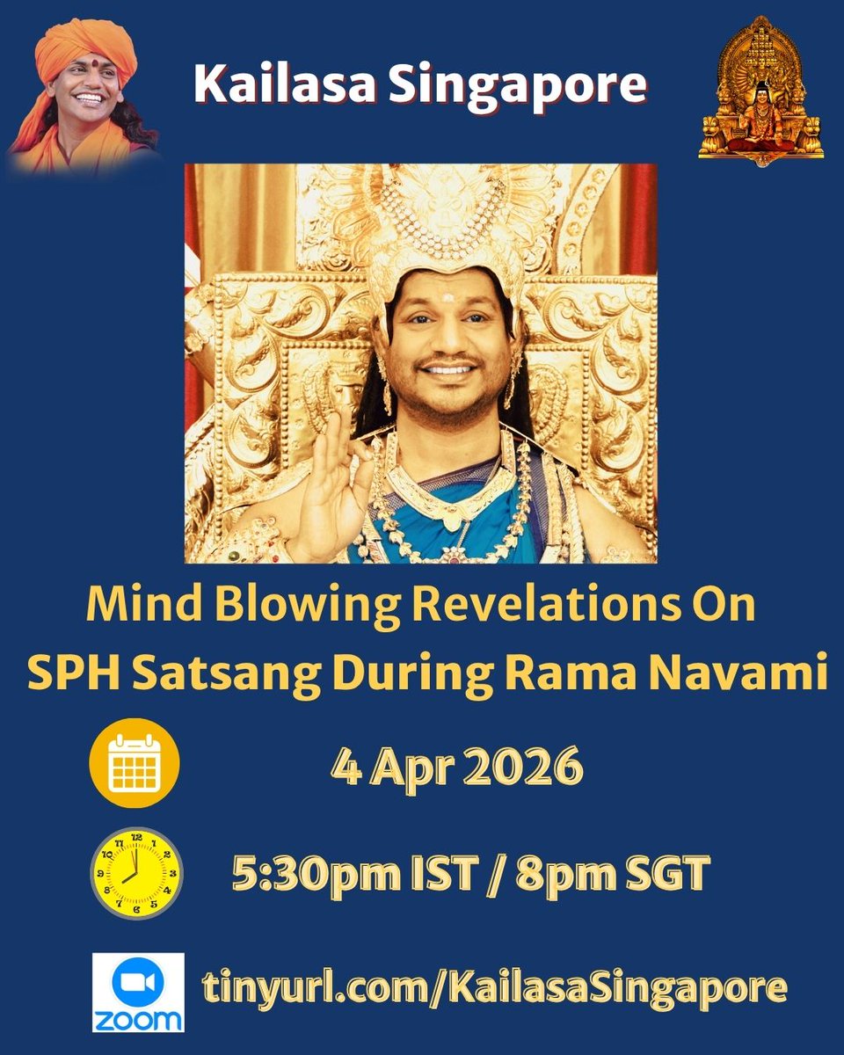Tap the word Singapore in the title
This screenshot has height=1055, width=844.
coord(520,85)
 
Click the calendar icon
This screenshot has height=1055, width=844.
coord(135,763)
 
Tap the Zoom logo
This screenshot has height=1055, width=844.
coord(138,991)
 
